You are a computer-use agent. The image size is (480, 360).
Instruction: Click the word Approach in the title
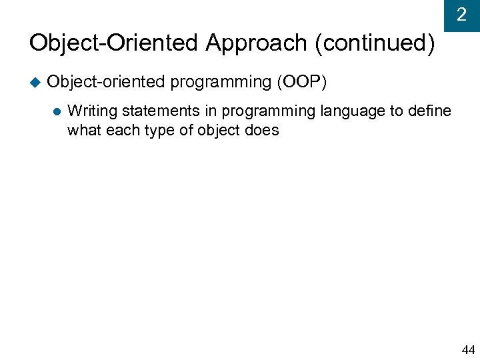tap(257, 43)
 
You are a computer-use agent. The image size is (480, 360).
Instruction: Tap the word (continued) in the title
tap(375, 43)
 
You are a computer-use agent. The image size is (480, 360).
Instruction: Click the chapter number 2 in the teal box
tap(461, 15)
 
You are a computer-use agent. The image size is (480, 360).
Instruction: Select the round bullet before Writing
tap(56, 111)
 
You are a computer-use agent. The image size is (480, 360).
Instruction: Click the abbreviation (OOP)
tap(301, 82)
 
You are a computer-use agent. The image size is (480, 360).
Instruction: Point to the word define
tap(431, 111)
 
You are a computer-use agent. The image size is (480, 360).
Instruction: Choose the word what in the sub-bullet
tap(83, 130)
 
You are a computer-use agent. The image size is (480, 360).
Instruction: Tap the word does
tap(263, 130)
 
